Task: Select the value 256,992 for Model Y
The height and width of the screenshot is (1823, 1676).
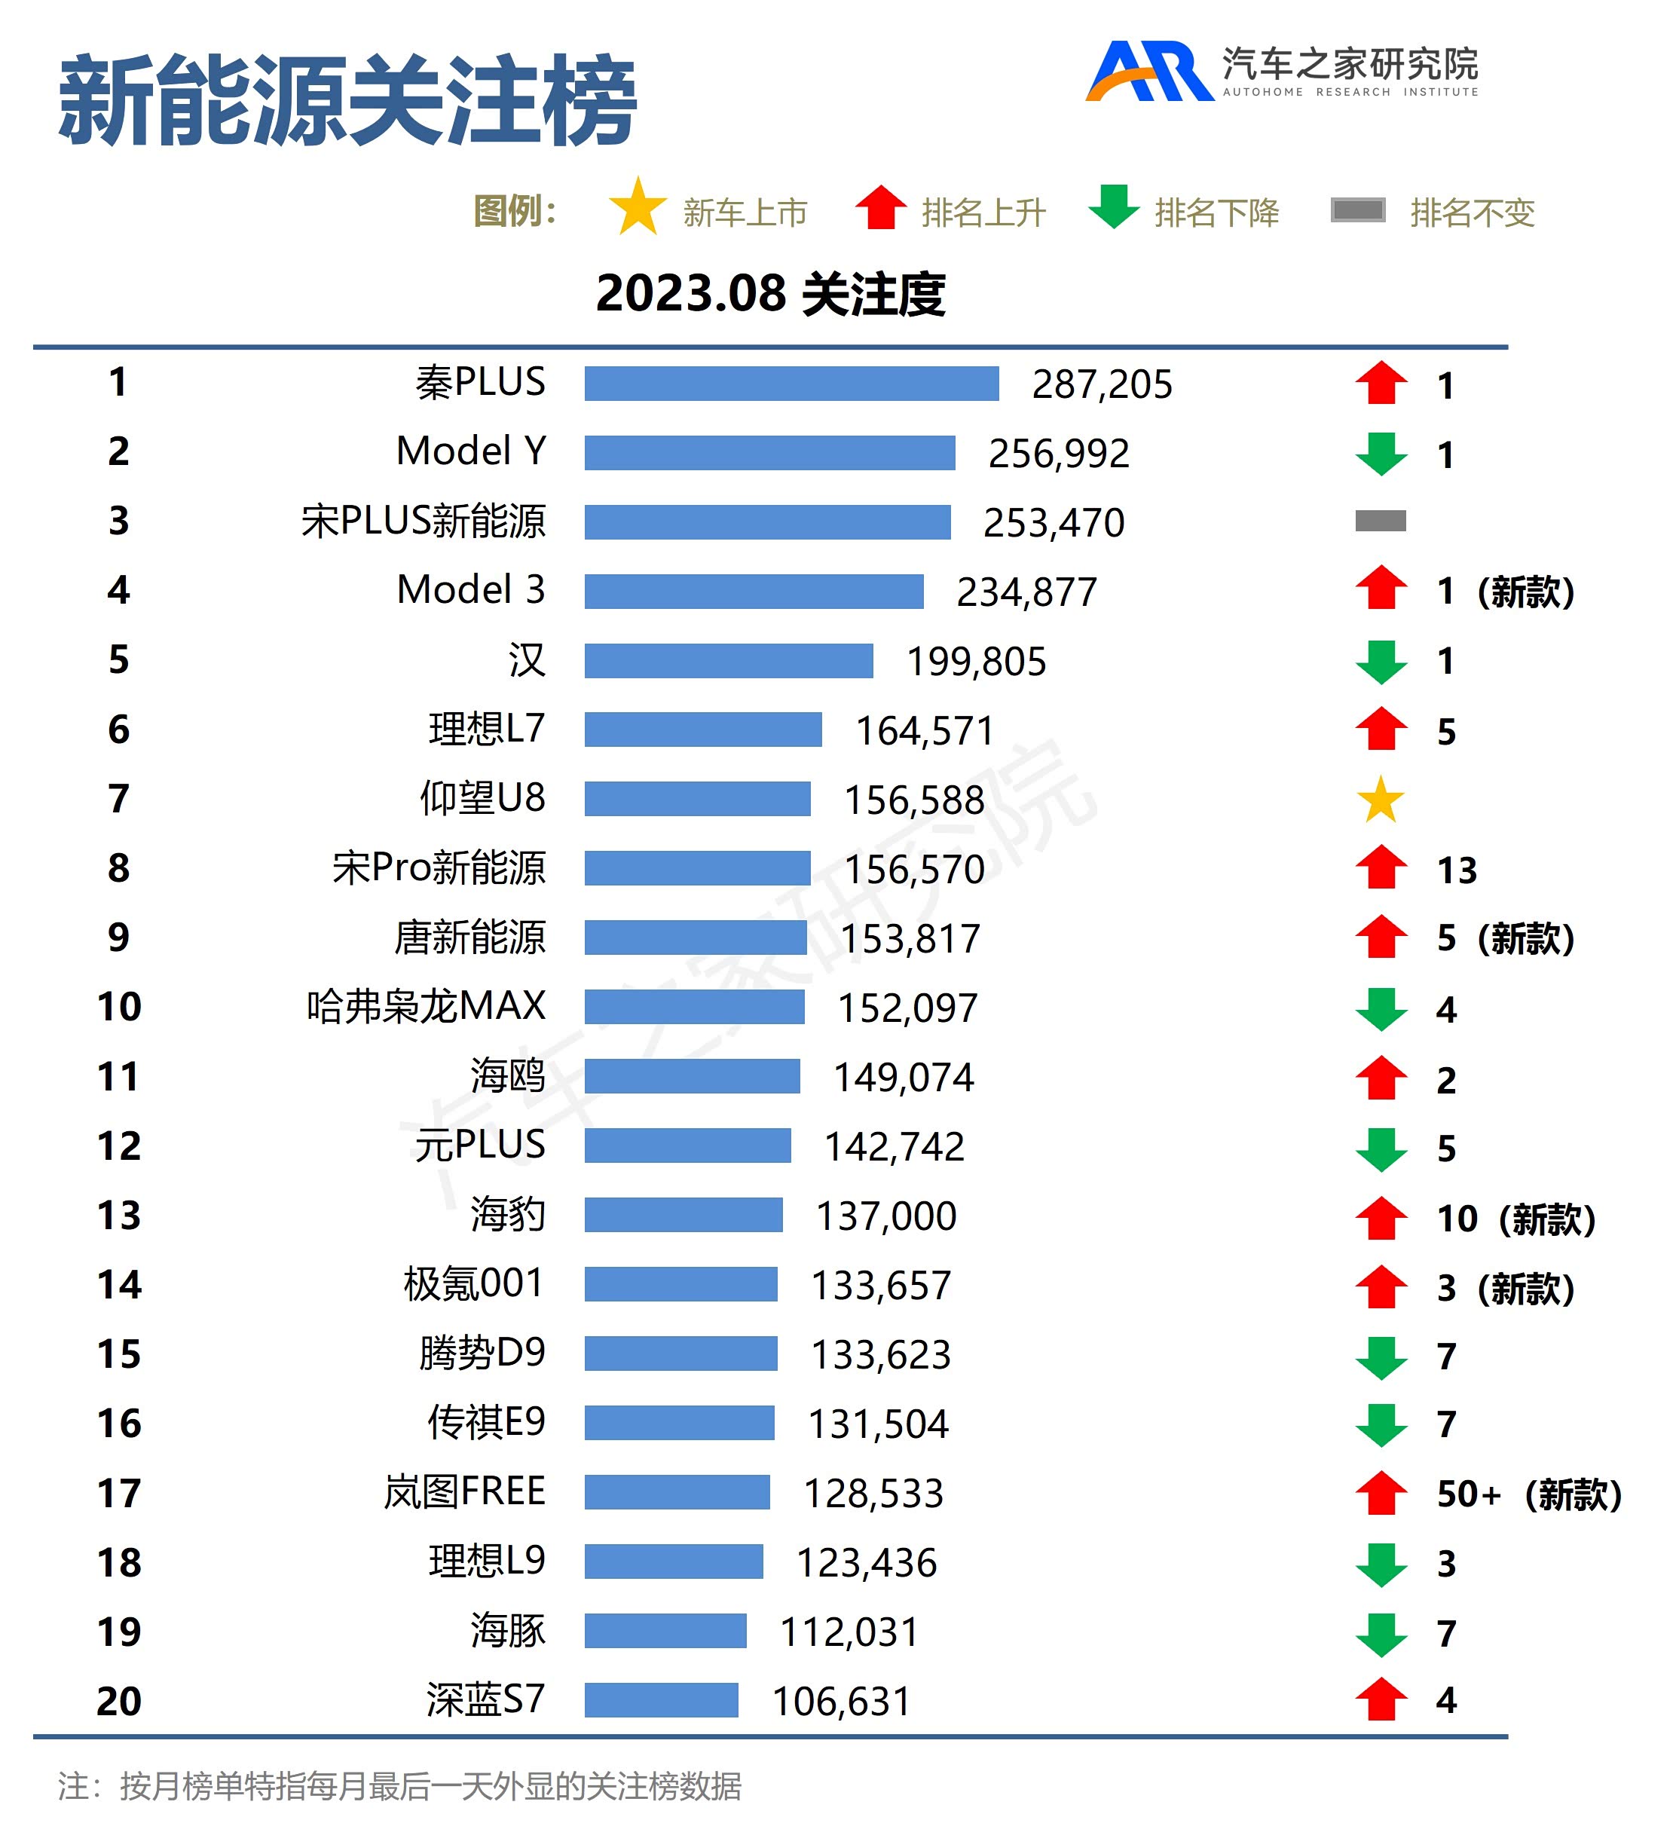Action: [1058, 454]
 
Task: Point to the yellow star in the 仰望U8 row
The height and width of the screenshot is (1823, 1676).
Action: [1381, 799]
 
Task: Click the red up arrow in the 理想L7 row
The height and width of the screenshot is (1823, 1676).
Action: [1381, 730]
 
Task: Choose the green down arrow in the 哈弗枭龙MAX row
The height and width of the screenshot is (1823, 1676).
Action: [1381, 1008]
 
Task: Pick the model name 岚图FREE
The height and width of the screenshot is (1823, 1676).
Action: [464, 1492]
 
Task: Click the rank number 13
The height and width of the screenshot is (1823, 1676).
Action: [119, 1216]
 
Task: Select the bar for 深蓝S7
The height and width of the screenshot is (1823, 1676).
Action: [661, 1699]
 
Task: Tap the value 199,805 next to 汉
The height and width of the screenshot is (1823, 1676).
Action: [976, 661]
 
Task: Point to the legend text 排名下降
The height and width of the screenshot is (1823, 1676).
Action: [1216, 213]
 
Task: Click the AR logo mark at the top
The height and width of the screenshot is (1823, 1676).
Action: [1148, 71]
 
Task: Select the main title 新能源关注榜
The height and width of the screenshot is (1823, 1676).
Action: [347, 99]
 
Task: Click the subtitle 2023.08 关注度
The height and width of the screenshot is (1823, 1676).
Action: [770, 294]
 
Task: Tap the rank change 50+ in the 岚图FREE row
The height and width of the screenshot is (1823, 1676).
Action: [1468, 1494]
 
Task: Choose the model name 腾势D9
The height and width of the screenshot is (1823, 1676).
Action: [482, 1353]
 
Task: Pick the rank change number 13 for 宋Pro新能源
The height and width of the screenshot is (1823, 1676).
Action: [1457, 870]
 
